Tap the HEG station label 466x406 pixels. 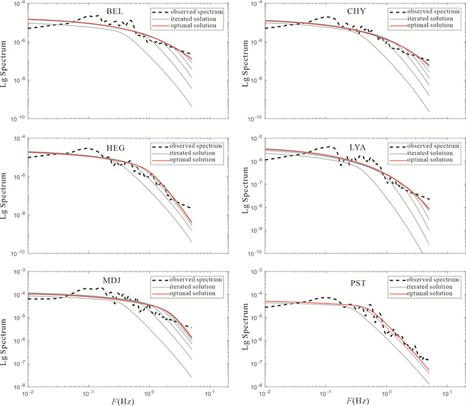tap(115, 147)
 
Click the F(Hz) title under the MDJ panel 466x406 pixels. tap(120, 401)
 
